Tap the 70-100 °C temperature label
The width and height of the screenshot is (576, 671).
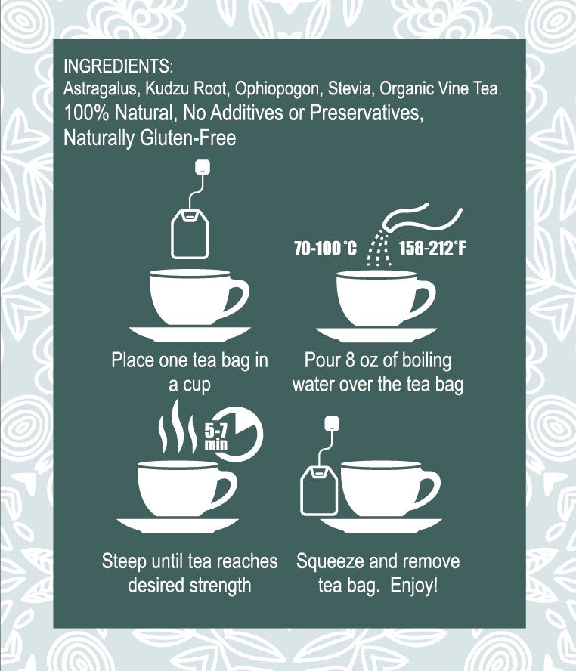click(325, 248)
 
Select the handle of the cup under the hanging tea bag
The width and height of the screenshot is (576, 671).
click(237, 296)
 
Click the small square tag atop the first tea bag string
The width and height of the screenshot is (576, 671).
click(203, 166)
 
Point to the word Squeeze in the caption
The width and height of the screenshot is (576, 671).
click(330, 561)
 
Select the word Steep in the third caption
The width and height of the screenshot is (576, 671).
click(123, 561)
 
